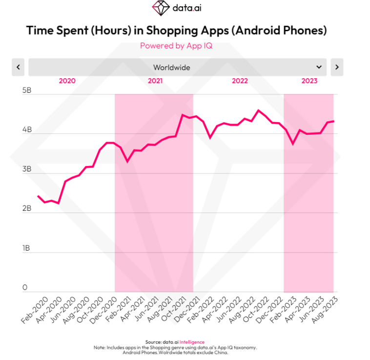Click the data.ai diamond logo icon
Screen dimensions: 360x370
point(160,8)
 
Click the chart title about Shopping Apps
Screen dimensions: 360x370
point(176,30)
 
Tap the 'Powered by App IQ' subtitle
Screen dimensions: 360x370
point(176,45)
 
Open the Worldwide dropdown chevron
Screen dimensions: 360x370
point(319,67)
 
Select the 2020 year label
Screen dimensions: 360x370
point(67,81)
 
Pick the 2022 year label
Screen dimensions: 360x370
point(240,81)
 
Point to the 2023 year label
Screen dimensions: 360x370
point(309,81)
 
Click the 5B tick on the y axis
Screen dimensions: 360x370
point(27,91)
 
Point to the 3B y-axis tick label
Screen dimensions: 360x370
point(27,169)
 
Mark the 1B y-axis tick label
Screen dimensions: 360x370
point(27,248)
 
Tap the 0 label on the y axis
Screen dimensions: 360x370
point(25,288)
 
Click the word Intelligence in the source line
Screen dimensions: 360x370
point(192,342)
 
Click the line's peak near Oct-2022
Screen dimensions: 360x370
point(258,110)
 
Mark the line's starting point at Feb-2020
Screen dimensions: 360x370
point(38,196)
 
